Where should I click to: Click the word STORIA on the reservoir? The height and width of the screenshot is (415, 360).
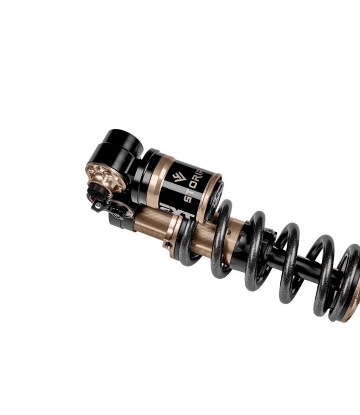[x=194, y=184]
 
